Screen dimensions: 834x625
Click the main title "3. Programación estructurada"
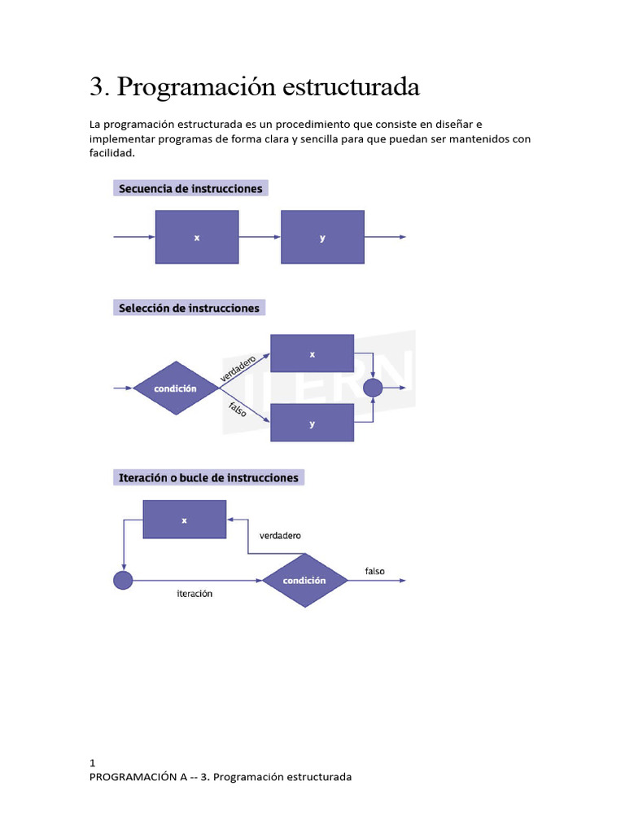pos(254,87)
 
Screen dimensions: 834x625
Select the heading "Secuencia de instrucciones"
pos(190,188)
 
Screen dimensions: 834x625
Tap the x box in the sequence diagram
pos(197,237)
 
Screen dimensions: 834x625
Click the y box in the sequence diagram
pos(322,237)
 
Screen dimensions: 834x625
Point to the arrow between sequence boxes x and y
pos(260,237)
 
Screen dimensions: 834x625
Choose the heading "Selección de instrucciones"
pos(189,308)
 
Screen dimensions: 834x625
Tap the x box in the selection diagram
pos(312,353)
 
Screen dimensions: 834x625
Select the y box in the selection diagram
pos(312,424)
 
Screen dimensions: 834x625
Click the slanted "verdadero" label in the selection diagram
pos(238,367)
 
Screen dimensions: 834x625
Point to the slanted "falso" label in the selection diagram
pos(237,412)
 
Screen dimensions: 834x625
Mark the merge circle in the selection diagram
pos(372,388)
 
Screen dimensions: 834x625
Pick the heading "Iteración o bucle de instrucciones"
pos(208,477)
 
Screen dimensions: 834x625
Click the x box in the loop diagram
pos(184,520)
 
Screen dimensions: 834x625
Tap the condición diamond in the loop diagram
pos(304,581)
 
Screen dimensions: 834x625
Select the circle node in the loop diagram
pos(122,581)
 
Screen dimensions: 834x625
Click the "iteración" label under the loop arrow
pos(194,594)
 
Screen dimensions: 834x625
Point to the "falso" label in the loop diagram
pos(374,571)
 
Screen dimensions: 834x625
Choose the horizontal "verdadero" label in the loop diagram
pos(280,536)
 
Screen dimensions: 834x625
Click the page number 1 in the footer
pos(93,763)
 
